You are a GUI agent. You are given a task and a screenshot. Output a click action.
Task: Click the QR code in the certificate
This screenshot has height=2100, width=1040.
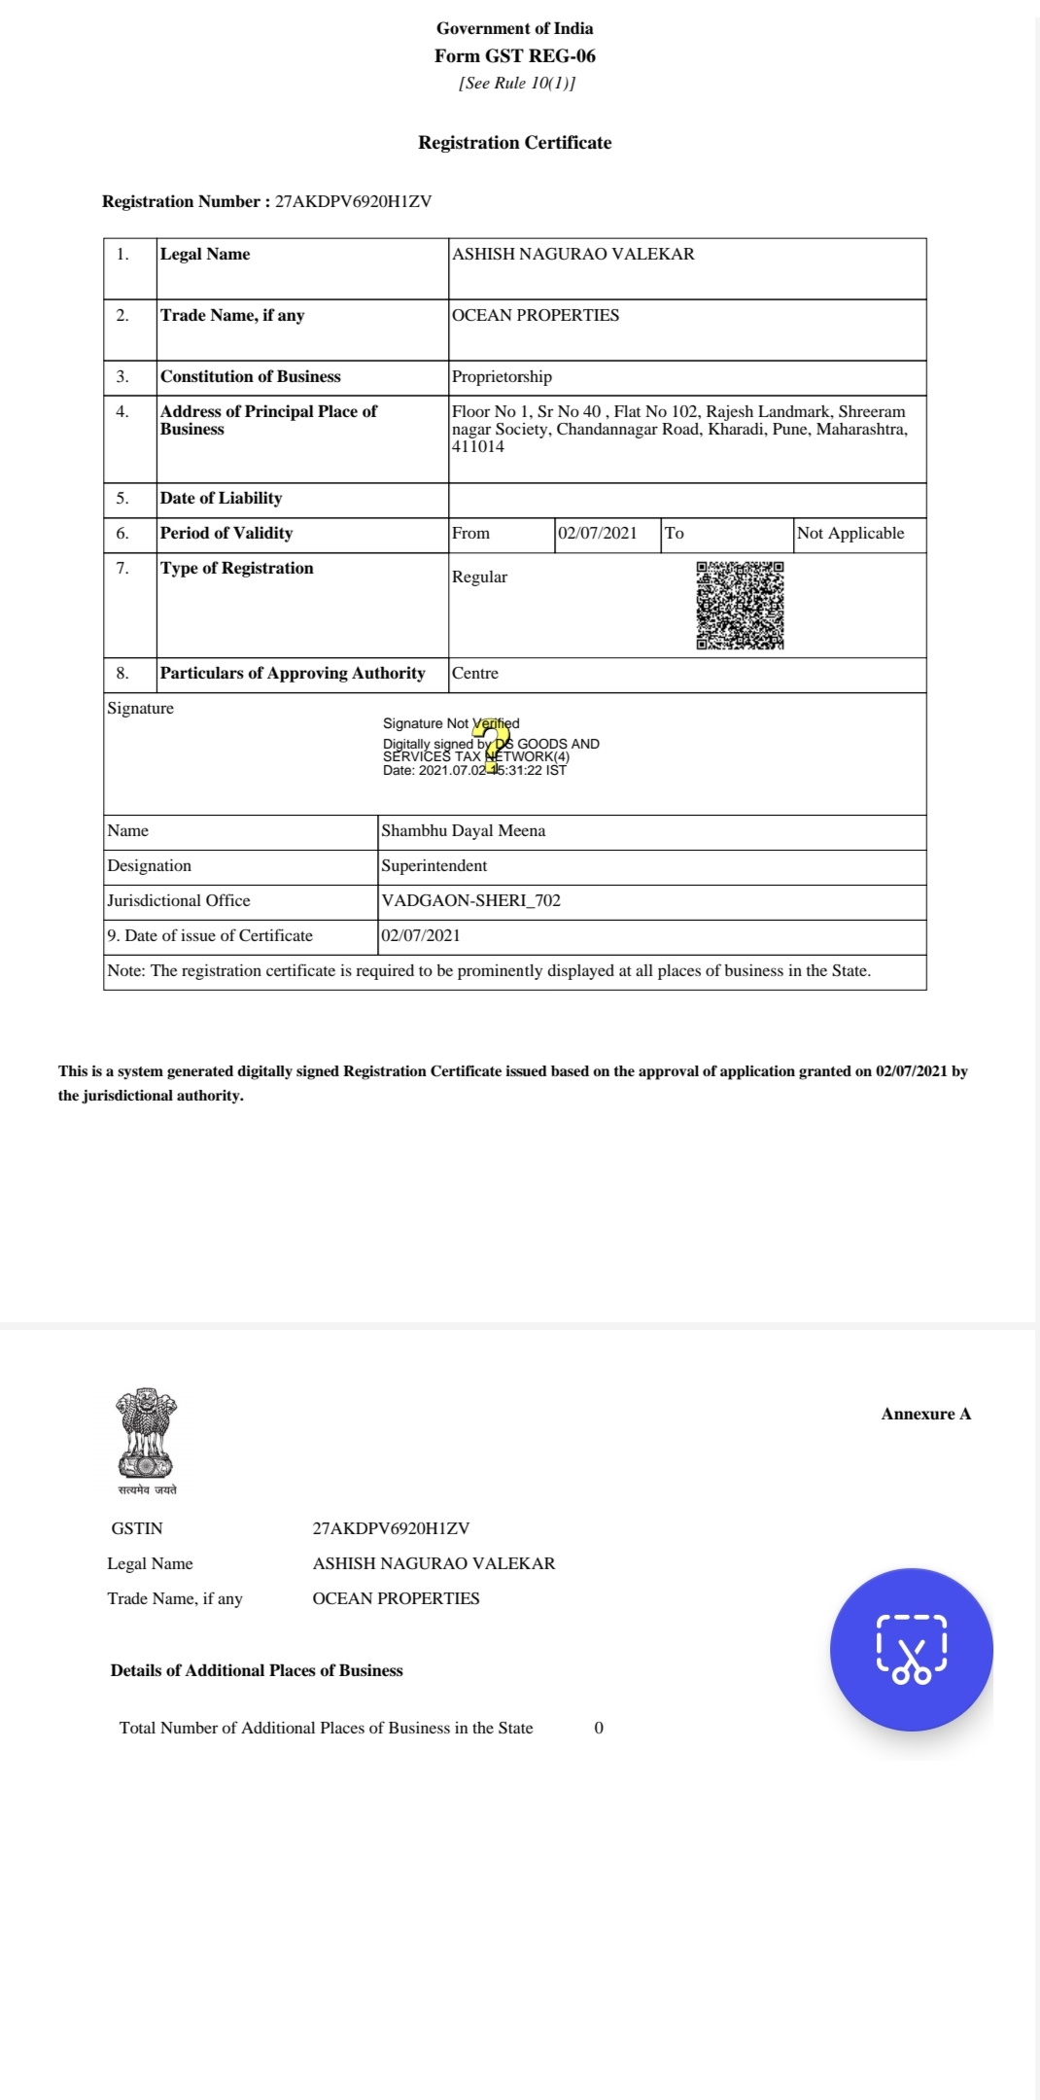pos(740,605)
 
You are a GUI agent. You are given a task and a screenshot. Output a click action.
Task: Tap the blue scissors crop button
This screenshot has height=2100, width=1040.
pos(912,1649)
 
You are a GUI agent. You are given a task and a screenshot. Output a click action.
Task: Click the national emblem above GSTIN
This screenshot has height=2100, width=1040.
pos(147,1435)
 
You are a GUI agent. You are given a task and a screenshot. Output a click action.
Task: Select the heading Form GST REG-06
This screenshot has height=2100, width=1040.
pos(514,56)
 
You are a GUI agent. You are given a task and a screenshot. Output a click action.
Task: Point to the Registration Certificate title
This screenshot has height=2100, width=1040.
pos(514,143)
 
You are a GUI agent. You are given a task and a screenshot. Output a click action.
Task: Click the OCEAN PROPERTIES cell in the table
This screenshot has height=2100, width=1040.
pos(536,316)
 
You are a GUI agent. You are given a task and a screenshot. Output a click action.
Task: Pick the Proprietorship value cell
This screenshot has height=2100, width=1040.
pos(502,377)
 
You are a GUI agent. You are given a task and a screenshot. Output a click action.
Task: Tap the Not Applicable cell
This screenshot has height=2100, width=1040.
pos(850,534)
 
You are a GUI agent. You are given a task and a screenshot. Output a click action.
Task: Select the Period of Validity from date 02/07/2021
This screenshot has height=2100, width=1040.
pos(598,534)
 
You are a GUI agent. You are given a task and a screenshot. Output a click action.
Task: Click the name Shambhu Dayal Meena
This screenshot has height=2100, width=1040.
pos(464,831)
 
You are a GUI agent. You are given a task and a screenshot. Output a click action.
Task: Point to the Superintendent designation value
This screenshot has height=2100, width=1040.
pos(434,866)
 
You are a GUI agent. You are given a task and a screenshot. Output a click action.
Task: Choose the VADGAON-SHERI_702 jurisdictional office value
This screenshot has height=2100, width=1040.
pos(471,901)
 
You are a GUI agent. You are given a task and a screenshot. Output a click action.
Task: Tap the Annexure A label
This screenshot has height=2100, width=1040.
pos(925,1415)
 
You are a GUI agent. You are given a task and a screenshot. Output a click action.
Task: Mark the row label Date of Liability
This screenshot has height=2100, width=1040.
pos(222,499)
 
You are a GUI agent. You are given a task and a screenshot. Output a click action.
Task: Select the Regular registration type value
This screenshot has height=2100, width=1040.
pos(479,577)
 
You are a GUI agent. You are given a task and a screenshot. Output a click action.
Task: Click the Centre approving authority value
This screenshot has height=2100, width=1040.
pos(475,674)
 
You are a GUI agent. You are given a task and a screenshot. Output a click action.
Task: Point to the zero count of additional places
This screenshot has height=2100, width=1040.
pos(599,1729)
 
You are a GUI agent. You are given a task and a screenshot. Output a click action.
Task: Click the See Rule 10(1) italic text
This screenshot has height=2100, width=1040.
pos(517,84)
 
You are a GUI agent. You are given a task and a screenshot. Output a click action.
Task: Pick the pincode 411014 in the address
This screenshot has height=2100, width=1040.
pos(478,447)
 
